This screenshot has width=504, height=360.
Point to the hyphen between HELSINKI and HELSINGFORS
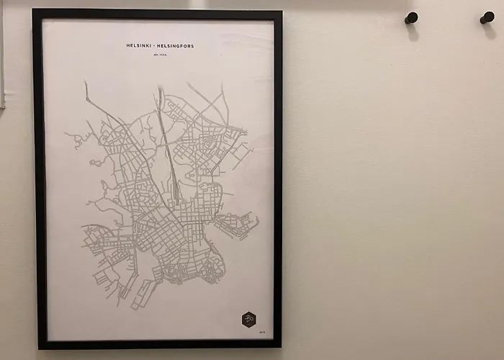pyautogui.click(x=156, y=46)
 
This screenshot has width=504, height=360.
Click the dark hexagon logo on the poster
pyautogui.click(x=248, y=319)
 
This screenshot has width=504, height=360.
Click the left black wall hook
pyautogui.click(x=411, y=18)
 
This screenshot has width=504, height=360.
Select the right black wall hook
pyautogui.click(x=487, y=17)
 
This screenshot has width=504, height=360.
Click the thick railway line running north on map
pyautogui.click(x=166, y=144)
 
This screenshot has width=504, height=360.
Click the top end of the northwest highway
pyautogui.click(x=86, y=84)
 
